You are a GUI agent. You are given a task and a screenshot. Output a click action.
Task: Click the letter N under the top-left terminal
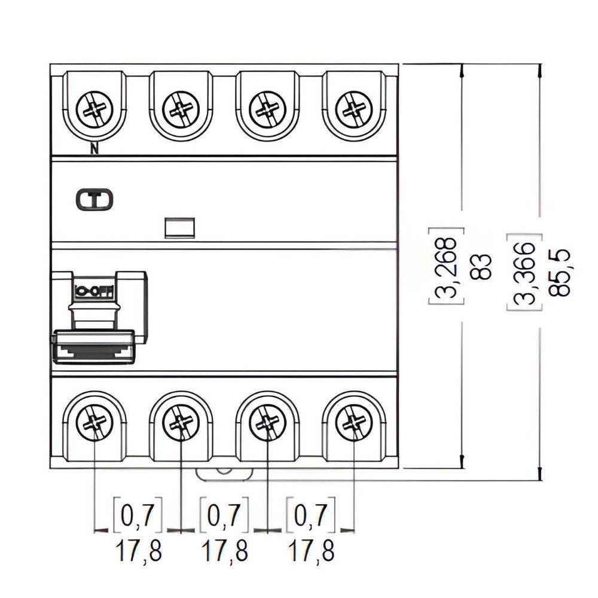pyautogui.click(x=94, y=149)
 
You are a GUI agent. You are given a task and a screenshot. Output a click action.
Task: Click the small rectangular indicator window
pyautogui.click(x=180, y=227)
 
